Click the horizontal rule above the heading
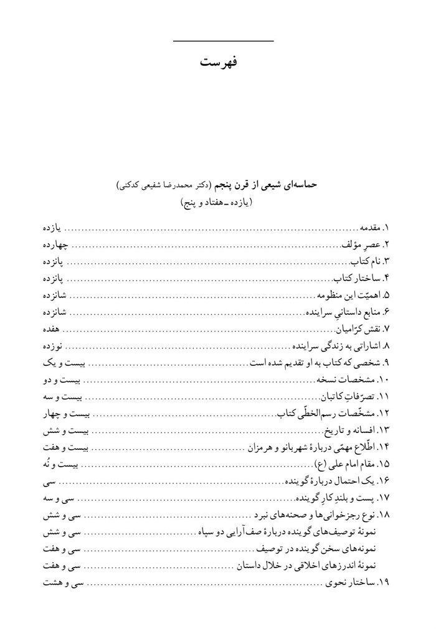tap(222, 42)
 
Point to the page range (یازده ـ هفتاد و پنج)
tap(217, 203)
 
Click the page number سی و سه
tap(60, 498)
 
